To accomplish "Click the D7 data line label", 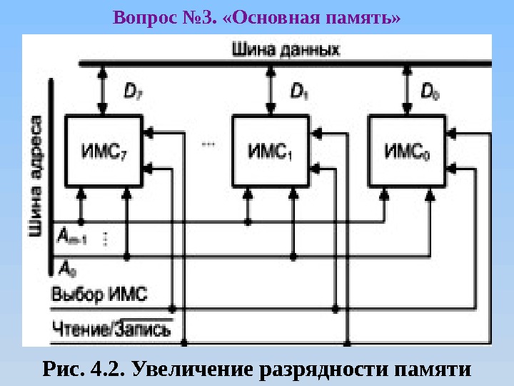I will point(133,91).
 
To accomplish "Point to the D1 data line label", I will point(300,91).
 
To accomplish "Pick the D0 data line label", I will point(430,91).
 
